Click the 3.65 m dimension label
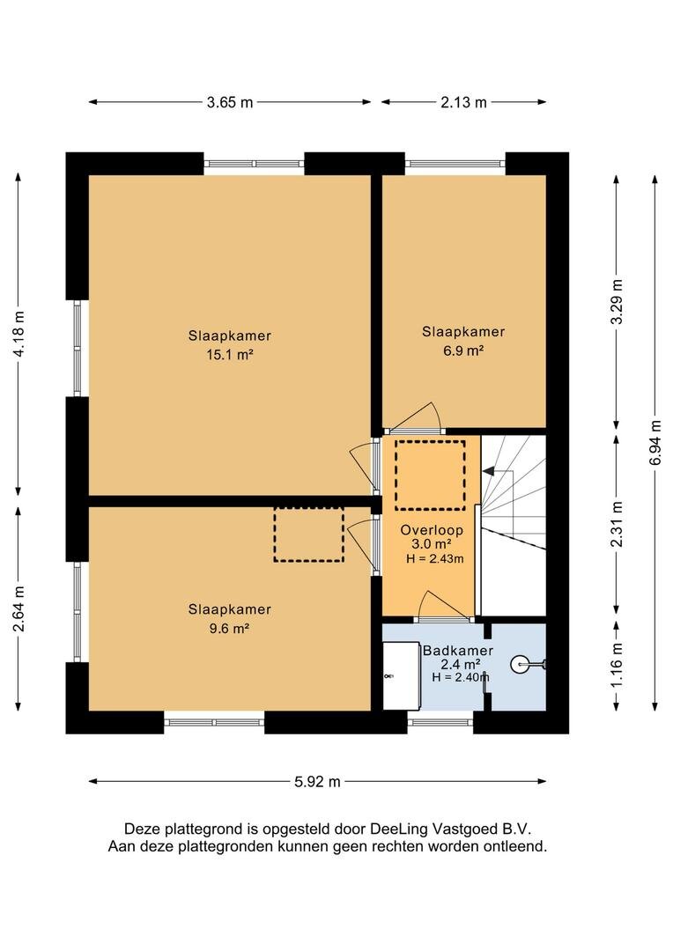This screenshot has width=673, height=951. tap(229, 102)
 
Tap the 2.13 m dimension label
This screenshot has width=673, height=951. tap(463, 102)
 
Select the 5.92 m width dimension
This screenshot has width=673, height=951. tap(317, 782)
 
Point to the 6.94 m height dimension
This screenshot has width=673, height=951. tap(655, 442)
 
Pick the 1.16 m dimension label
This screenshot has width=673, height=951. tap(617, 666)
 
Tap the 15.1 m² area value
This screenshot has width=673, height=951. tap(229, 355)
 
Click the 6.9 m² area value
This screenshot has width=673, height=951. tap(463, 350)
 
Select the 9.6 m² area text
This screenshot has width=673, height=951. tap(229, 629)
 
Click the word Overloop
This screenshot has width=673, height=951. tap(432, 530)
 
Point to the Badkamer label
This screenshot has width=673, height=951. tap(457, 651)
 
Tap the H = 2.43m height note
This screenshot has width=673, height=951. tap(434, 558)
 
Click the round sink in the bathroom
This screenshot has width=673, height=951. tap(521, 665)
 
